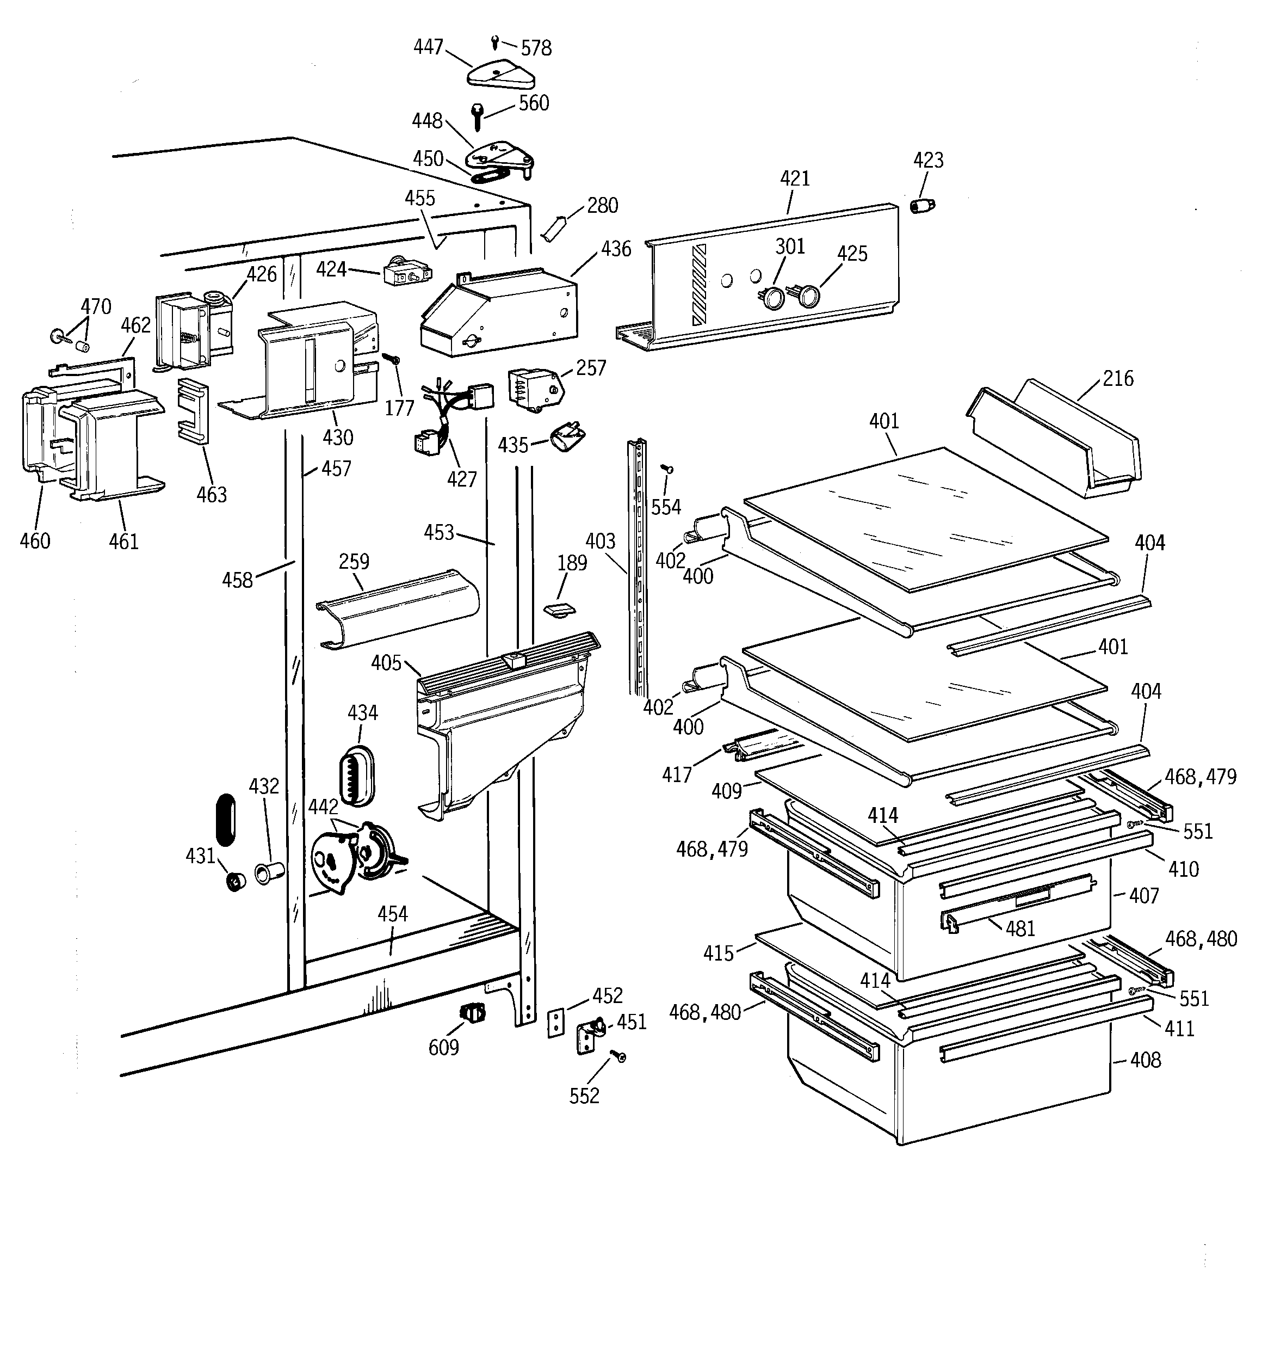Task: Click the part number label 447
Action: (428, 47)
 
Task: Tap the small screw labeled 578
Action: (495, 42)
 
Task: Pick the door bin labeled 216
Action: (1057, 440)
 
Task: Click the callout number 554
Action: (666, 507)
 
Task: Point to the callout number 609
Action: (444, 1048)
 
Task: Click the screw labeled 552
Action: (618, 1056)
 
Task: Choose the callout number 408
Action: (1146, 1060)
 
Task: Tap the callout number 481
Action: (1020, 928)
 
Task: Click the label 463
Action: (212, 495)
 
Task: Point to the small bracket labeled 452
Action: (555, 1023)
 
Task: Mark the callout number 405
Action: (386, 663)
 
